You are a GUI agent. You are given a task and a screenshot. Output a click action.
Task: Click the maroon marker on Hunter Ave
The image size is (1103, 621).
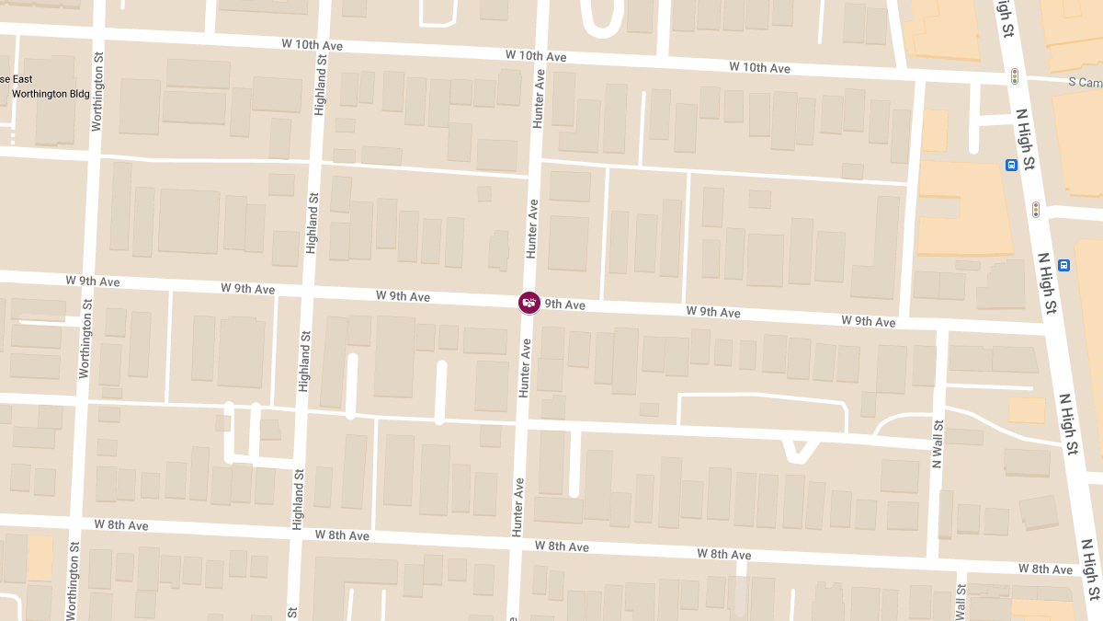529,302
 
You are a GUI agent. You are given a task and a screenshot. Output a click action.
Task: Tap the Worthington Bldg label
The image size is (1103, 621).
43,94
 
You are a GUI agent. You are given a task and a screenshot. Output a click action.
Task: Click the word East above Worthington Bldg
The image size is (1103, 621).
22,79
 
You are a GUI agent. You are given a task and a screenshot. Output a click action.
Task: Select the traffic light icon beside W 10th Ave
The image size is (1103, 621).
1015,75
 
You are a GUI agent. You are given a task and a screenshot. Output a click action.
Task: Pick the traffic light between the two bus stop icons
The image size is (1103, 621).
1036,209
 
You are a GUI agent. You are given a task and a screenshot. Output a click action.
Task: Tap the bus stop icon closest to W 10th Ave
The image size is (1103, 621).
1010,166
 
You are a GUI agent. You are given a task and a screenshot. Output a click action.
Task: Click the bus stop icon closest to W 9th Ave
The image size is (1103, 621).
1063,266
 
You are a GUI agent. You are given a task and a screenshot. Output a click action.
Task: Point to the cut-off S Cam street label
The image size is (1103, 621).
1085,82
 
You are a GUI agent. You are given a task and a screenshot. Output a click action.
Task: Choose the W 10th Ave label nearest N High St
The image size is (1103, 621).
759,67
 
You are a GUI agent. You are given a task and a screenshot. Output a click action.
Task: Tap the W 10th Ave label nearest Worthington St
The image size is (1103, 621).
313,45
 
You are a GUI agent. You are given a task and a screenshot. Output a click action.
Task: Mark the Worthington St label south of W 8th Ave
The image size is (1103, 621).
72,579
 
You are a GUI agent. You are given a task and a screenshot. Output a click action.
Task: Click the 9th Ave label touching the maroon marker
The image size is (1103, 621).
564,305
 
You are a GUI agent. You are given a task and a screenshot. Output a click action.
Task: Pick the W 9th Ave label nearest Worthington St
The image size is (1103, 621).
93,280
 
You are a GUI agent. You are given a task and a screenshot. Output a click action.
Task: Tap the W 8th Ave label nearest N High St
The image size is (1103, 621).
1046,569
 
